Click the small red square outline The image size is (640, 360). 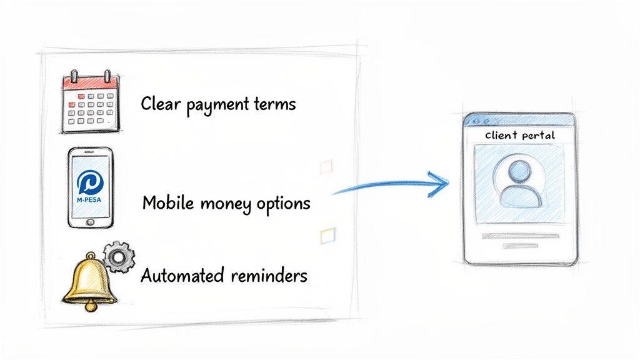(326, 166)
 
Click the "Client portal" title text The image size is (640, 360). (519, 135)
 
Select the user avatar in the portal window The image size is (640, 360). (519, 183)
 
